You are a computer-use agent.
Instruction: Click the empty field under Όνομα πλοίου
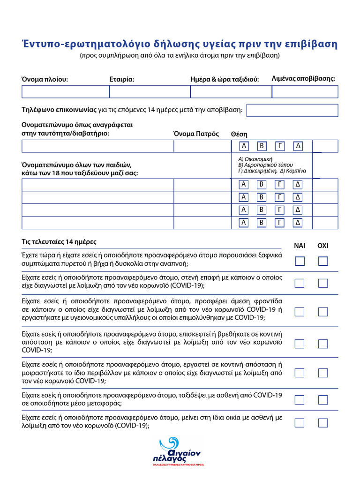click(x=65, y=91)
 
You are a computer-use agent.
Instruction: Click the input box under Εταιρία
click(x=150, y=91)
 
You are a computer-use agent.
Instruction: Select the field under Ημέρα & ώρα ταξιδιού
click(x=231, y=91)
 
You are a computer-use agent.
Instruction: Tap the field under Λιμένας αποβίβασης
click(x=305, y=91)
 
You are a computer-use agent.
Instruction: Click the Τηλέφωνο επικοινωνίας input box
click(x=292, y=110)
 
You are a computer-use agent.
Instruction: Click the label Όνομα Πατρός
click(x=196, y=134)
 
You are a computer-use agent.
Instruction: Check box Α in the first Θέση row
click(x=244, y=146)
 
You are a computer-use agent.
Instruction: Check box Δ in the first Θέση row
click(x=298, y=146)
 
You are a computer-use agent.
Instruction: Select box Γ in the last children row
click(x=280, y=223)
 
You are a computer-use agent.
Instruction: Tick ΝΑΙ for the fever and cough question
click(x=300, y=261)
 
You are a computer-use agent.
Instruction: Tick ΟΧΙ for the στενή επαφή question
click(x=323, y=283)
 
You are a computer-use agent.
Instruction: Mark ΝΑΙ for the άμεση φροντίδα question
click(x=300, y=312)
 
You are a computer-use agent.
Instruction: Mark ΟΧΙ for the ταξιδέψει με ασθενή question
click(x=323, y=400)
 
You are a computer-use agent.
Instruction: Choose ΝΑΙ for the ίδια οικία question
click(x=300, y=423)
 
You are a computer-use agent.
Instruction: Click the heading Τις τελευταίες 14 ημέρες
click(x=59, y=242)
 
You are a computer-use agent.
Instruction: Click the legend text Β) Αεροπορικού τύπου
click(x=265, y=165)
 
